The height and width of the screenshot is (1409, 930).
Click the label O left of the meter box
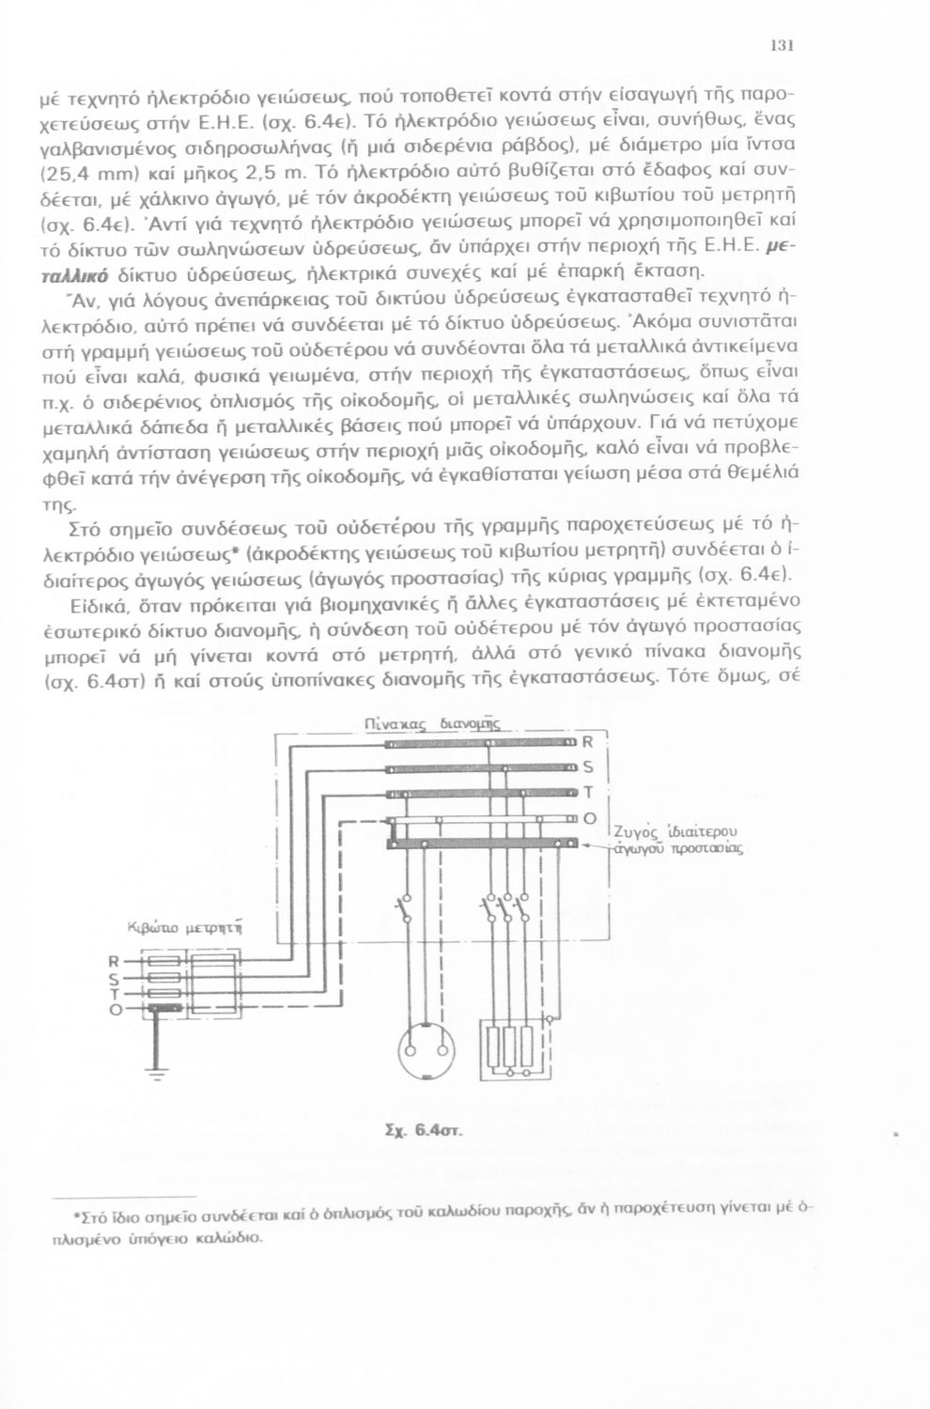(x=115, y=1010)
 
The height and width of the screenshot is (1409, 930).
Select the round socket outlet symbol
(x=422, y=1051)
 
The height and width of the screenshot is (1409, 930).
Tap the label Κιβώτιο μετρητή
(x=188, y=929)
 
